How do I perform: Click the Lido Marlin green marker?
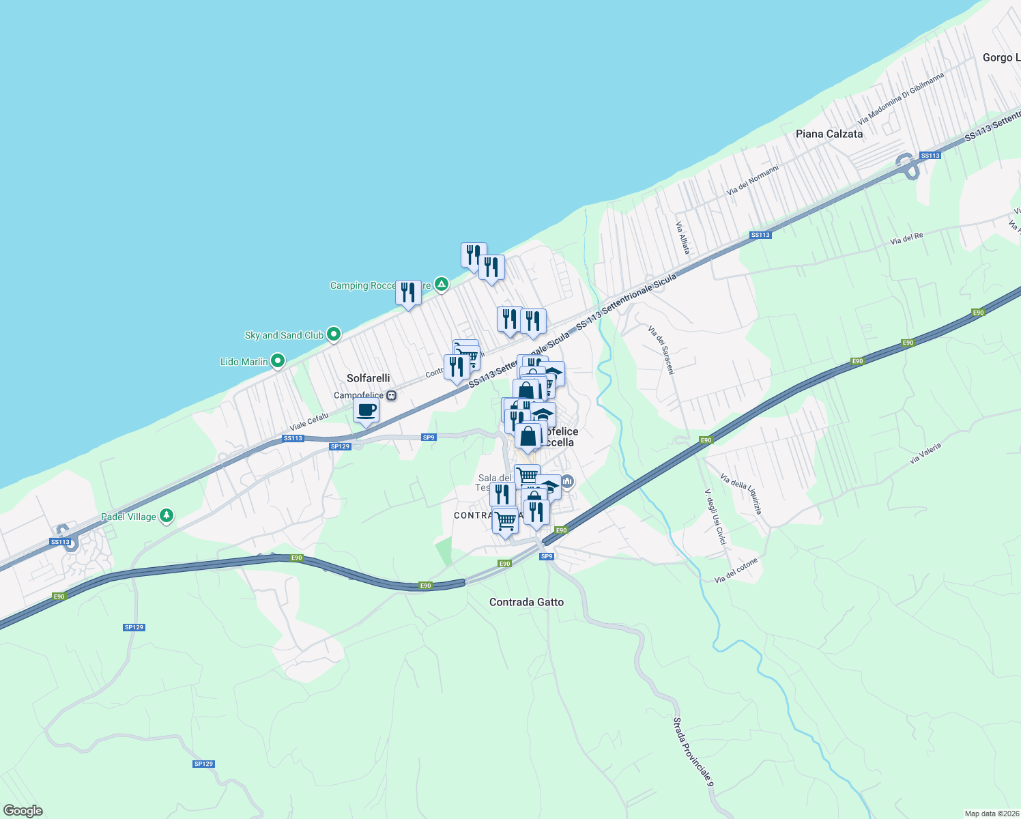pos(278,361)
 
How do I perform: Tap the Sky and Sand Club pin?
pos(334,334)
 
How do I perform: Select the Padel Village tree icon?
pos(167,516)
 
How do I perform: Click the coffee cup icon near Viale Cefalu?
pos(366,411)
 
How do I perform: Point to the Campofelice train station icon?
pos(391,395)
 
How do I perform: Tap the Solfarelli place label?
pos(368,378)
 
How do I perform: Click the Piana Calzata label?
pos(829,134)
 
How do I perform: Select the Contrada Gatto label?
pos(526,602)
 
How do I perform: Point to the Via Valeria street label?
pos(925,453)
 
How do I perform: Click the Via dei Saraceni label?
pos(661,350)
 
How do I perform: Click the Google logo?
pos(23,811)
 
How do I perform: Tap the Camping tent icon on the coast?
pos(442,284)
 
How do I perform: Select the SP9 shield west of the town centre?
pos(429,437)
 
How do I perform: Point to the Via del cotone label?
pos(736,571)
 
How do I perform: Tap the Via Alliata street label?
pos(683,238)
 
